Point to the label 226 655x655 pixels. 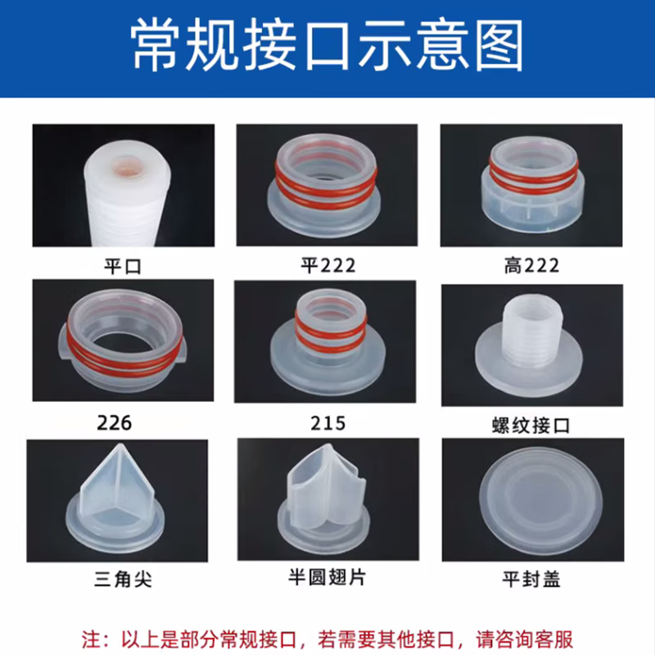[114, 422]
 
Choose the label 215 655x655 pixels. [328, 422]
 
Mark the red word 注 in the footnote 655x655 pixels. [93, 635]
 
